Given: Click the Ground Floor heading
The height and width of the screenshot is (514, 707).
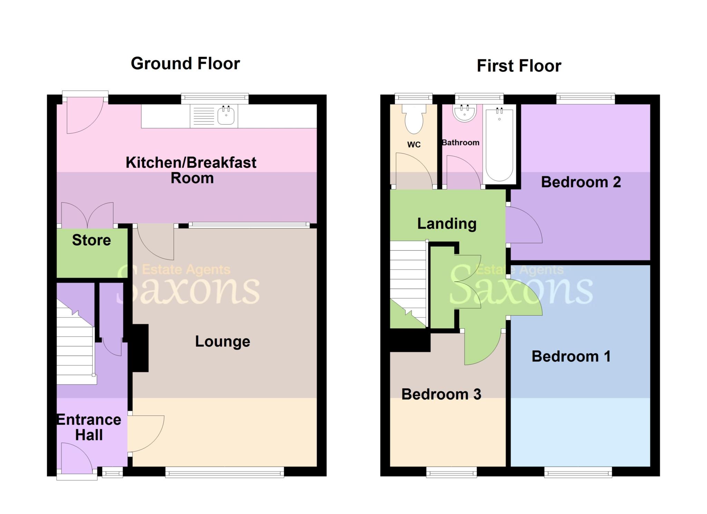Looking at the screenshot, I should tap(185, 64).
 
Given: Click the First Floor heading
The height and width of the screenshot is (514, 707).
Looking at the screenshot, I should tap(519, 66).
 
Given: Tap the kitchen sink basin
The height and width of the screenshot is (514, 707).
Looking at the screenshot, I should tap(226, 116).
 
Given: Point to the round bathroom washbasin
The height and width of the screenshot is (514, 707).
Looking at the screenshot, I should tap(465, 113).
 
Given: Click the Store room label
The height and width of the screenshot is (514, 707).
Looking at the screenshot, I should tap(91, 240).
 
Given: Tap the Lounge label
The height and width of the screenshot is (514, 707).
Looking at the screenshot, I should tap(223, 341).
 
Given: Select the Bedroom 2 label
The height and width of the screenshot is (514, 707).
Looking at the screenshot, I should tap(581, 182).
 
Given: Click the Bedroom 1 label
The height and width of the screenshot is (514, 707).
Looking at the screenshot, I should tap(571, 356).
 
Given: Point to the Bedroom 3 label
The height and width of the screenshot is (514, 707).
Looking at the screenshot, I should tap(441, 394).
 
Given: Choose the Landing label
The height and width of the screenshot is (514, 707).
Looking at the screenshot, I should tap(447, 224).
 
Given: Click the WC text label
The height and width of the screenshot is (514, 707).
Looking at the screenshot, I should tap(414, 145).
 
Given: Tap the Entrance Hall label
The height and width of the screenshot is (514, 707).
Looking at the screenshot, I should tap(89, 427).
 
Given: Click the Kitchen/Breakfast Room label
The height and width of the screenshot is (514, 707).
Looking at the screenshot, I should tap(191, 170).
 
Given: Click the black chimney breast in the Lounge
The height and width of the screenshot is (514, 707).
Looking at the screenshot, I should tap(140, 348).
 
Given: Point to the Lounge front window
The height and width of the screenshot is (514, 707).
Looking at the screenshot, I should tap(224, 472).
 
